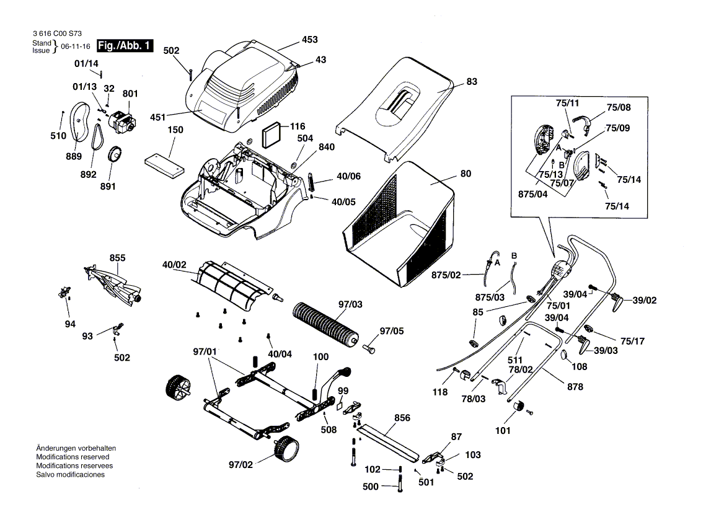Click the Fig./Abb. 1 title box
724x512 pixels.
[123, 46]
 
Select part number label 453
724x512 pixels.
[309, 40]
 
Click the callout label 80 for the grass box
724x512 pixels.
[466, 174]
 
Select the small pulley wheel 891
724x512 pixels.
[115, 154]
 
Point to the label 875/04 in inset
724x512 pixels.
[532, 194]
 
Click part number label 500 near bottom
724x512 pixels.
[370, 487]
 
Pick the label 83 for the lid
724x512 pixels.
[472, 82]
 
